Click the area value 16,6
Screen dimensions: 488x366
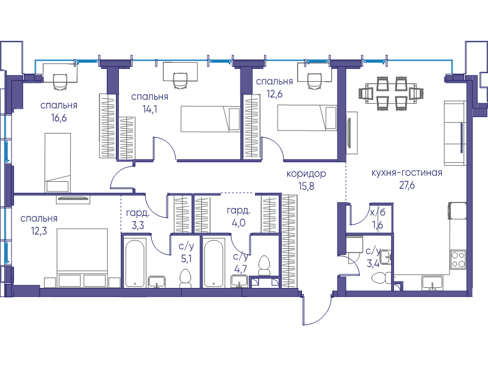tap(59, 118)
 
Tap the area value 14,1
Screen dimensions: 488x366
tap(149, 109)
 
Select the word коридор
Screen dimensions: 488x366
tap(306, 174)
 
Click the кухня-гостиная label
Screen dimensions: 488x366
tap(407, 173)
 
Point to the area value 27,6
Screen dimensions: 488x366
tap(407, 185)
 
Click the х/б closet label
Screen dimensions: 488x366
tap(378, 212)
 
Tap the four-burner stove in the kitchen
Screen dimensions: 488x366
tap(458, 259)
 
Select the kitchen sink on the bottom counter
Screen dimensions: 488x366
tap(432, 283)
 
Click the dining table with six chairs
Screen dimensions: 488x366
tap(390, 93)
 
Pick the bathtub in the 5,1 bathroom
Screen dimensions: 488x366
tap(135, 262)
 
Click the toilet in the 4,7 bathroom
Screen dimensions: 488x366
tap(265, 265)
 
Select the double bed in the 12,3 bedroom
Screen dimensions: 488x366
tap(82, 257)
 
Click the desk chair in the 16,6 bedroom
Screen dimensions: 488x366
tap(60, 82)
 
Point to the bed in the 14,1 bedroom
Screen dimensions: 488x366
tap(210, 119)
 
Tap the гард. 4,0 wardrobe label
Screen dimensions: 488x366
tap(239, 217)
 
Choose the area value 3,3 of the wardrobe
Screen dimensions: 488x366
tap(138, 225)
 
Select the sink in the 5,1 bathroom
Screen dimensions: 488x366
tap(157, 282)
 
